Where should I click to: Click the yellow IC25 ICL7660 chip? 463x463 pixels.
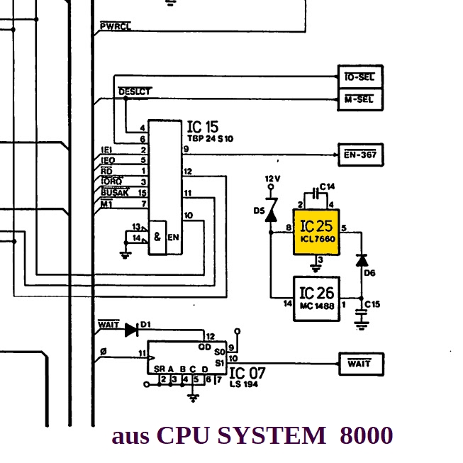(x=317, y=231)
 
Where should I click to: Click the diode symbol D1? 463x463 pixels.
(x=130, y=329)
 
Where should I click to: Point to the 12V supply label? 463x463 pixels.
(x=273, y=178)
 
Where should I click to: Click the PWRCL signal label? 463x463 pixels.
(x=115, y=27)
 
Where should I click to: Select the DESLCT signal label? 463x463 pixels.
(x=134, y=91)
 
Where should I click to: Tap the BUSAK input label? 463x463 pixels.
(x=114, y=192)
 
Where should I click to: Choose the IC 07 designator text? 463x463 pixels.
(x=248, y=372)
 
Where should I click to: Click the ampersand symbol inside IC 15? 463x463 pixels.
(x=157, y=237)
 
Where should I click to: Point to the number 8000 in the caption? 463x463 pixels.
(x=365, y=435)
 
